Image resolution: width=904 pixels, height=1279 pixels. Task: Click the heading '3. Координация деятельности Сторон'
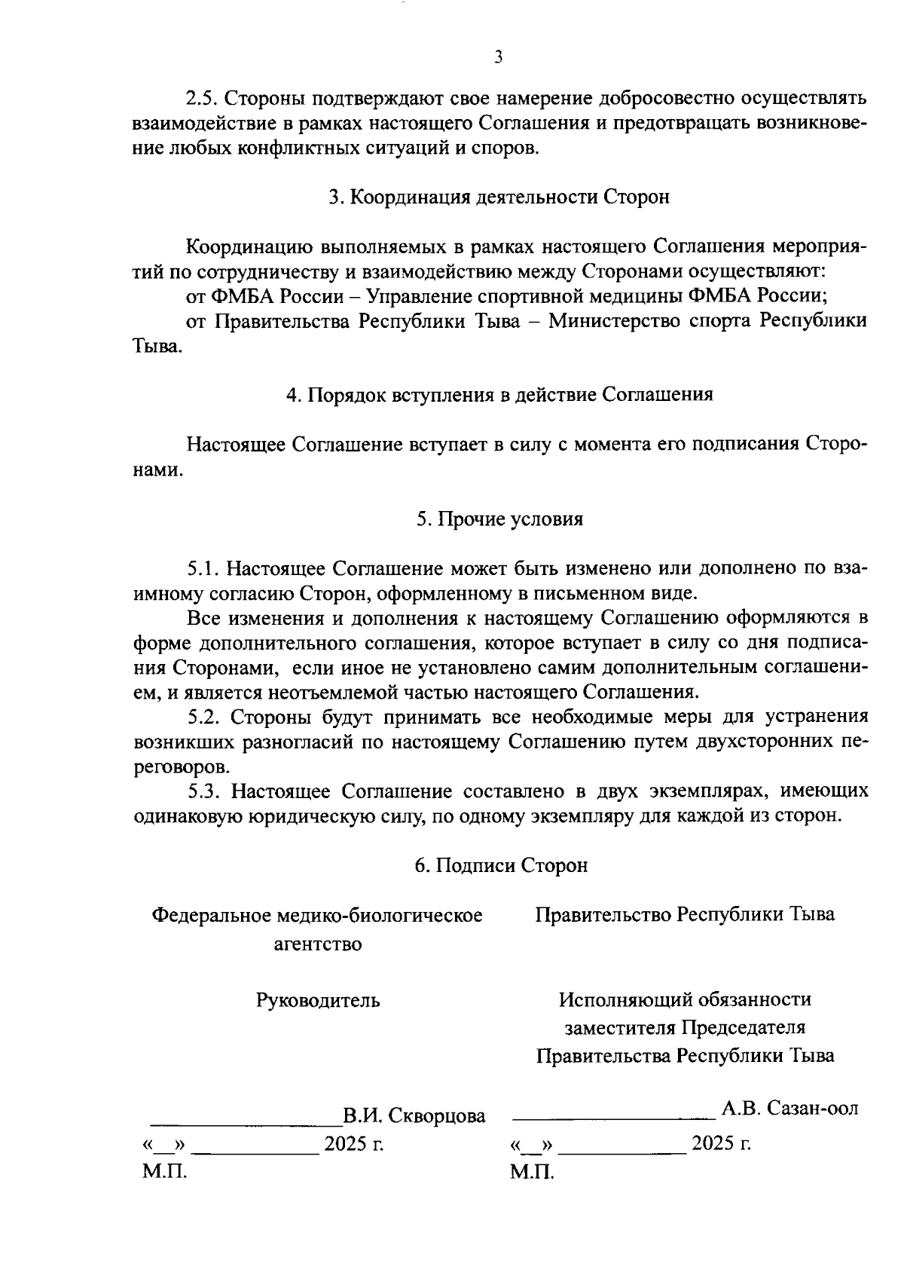click(x=499, y=197)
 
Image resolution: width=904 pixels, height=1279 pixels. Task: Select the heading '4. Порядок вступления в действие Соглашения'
click(x=499, y=395)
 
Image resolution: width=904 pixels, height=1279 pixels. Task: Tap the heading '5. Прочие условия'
click(x=499, y=519)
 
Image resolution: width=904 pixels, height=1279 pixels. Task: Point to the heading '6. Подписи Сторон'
click(x=501, y=865)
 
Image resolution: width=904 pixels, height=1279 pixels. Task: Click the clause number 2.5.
click(x=203, y=99)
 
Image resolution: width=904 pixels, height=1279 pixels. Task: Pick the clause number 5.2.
click(x=205, y=716)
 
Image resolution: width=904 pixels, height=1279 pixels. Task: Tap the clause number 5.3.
click(x=206, y=791)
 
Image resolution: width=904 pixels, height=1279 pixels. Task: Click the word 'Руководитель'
click(x=318, y=1001)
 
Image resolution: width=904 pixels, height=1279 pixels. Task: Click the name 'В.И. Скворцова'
click(x=414, y=1115)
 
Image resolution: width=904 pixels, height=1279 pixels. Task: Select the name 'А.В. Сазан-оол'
click(x=790, y=1109)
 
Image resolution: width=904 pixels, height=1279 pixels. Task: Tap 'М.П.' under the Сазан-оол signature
click(x=532, y=1172)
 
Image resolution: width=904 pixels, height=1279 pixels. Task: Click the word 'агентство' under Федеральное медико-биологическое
click(x=317, y=944)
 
